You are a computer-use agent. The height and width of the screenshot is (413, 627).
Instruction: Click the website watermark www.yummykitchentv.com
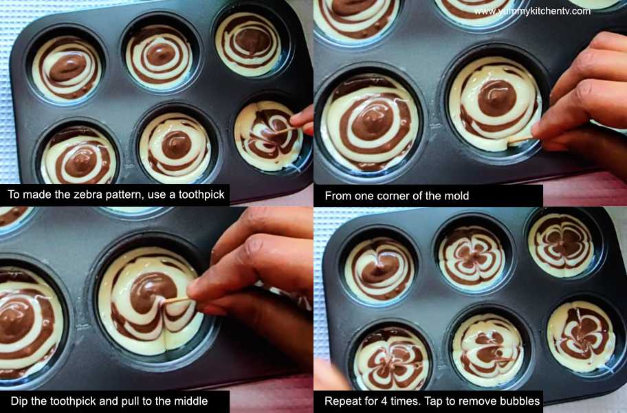click(x=532, y=11)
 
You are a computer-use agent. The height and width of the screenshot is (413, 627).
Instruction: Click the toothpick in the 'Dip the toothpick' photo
click(x=175, y=301)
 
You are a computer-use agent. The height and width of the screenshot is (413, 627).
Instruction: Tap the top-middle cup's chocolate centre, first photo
click(x=159, y=55)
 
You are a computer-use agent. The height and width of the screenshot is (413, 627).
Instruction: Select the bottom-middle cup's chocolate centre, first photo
click(x=176, y=144)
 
